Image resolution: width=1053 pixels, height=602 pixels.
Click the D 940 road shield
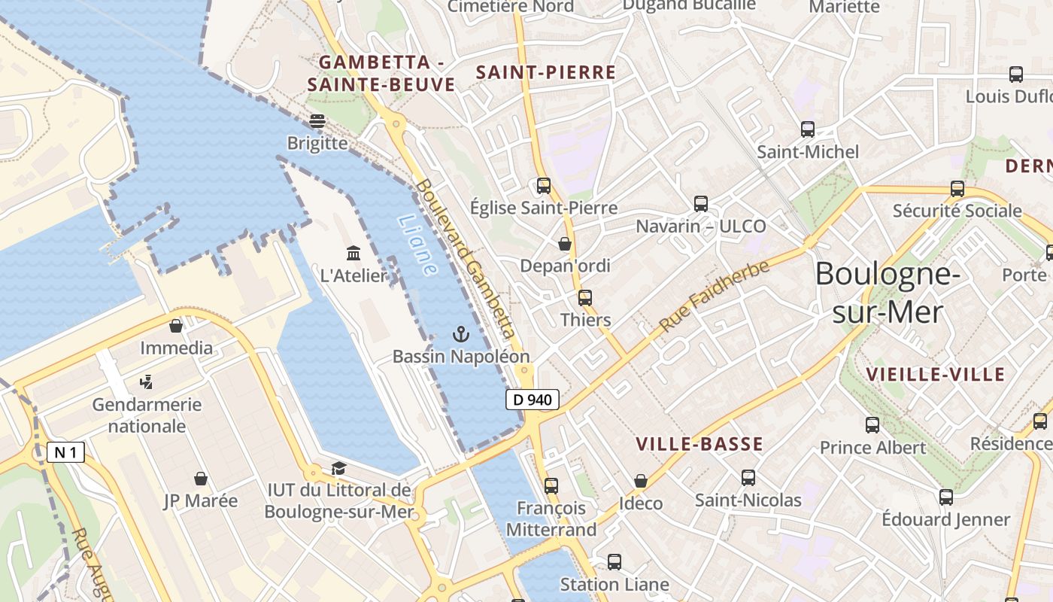click(533, 400)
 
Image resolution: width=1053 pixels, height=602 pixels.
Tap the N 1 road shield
click(65, 452)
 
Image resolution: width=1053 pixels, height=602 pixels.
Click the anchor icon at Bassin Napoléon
click(461, 335)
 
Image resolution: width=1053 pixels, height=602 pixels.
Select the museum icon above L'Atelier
click(353, 253)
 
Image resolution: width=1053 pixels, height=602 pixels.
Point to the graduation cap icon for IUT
click(338, 469)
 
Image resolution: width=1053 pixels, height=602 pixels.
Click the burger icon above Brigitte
click(317, 120)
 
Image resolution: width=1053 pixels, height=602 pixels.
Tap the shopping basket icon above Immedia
click(176, 326)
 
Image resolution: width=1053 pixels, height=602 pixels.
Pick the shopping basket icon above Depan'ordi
click(565, 244)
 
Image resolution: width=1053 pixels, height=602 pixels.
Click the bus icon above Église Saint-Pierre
click(544, 185)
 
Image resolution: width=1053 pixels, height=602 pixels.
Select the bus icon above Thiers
click(585, 297)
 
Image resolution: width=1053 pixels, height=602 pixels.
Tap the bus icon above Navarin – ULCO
click(701, 203)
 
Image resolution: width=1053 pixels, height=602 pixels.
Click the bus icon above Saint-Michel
click(808, 129)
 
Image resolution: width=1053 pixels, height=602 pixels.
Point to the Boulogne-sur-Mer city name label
click(888, 292)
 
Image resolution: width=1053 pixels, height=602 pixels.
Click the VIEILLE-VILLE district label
click(935, 374)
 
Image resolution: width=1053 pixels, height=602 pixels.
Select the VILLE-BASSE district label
click(699, 444)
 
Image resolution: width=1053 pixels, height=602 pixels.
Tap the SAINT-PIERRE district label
click(546, 72)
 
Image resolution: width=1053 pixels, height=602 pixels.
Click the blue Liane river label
click(418, 245)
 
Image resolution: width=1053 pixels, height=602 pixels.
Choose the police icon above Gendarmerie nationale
click(147, 382)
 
